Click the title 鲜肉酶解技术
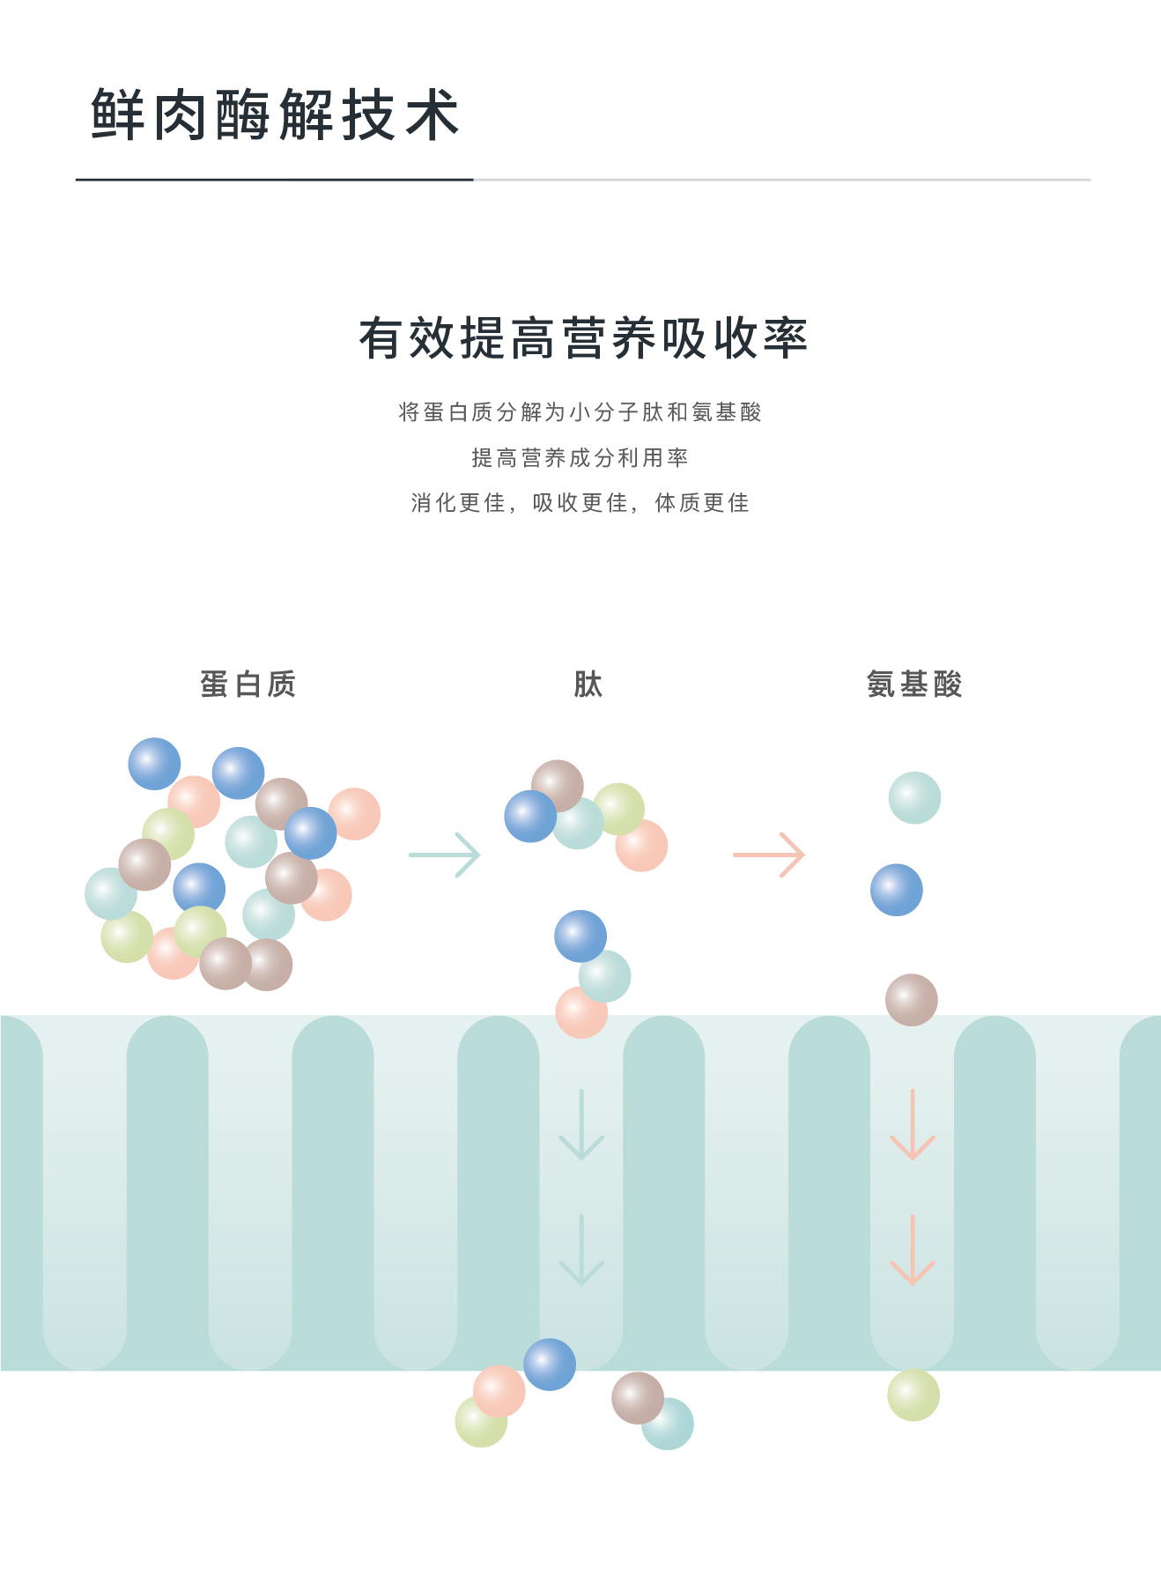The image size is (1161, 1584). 275,115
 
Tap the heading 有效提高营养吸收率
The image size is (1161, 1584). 582,338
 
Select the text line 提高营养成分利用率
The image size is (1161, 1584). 580,457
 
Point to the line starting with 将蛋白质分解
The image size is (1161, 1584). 580,411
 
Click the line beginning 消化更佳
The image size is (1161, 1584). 580,502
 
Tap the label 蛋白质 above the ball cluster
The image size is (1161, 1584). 248,684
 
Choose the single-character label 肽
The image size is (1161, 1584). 588,684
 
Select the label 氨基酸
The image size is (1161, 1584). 914,684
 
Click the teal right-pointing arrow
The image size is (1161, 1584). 445,855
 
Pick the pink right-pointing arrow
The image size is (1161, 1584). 769,855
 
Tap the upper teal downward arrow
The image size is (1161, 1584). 581,1125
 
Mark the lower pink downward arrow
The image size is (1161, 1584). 913,1250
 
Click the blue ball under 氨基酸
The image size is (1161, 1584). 897,890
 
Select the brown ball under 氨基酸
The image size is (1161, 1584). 912,1000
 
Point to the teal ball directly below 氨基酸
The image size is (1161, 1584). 914,798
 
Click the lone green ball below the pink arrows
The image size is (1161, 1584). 913,1395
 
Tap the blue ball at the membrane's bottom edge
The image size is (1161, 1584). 550,1365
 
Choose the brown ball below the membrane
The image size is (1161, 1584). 636,1397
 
